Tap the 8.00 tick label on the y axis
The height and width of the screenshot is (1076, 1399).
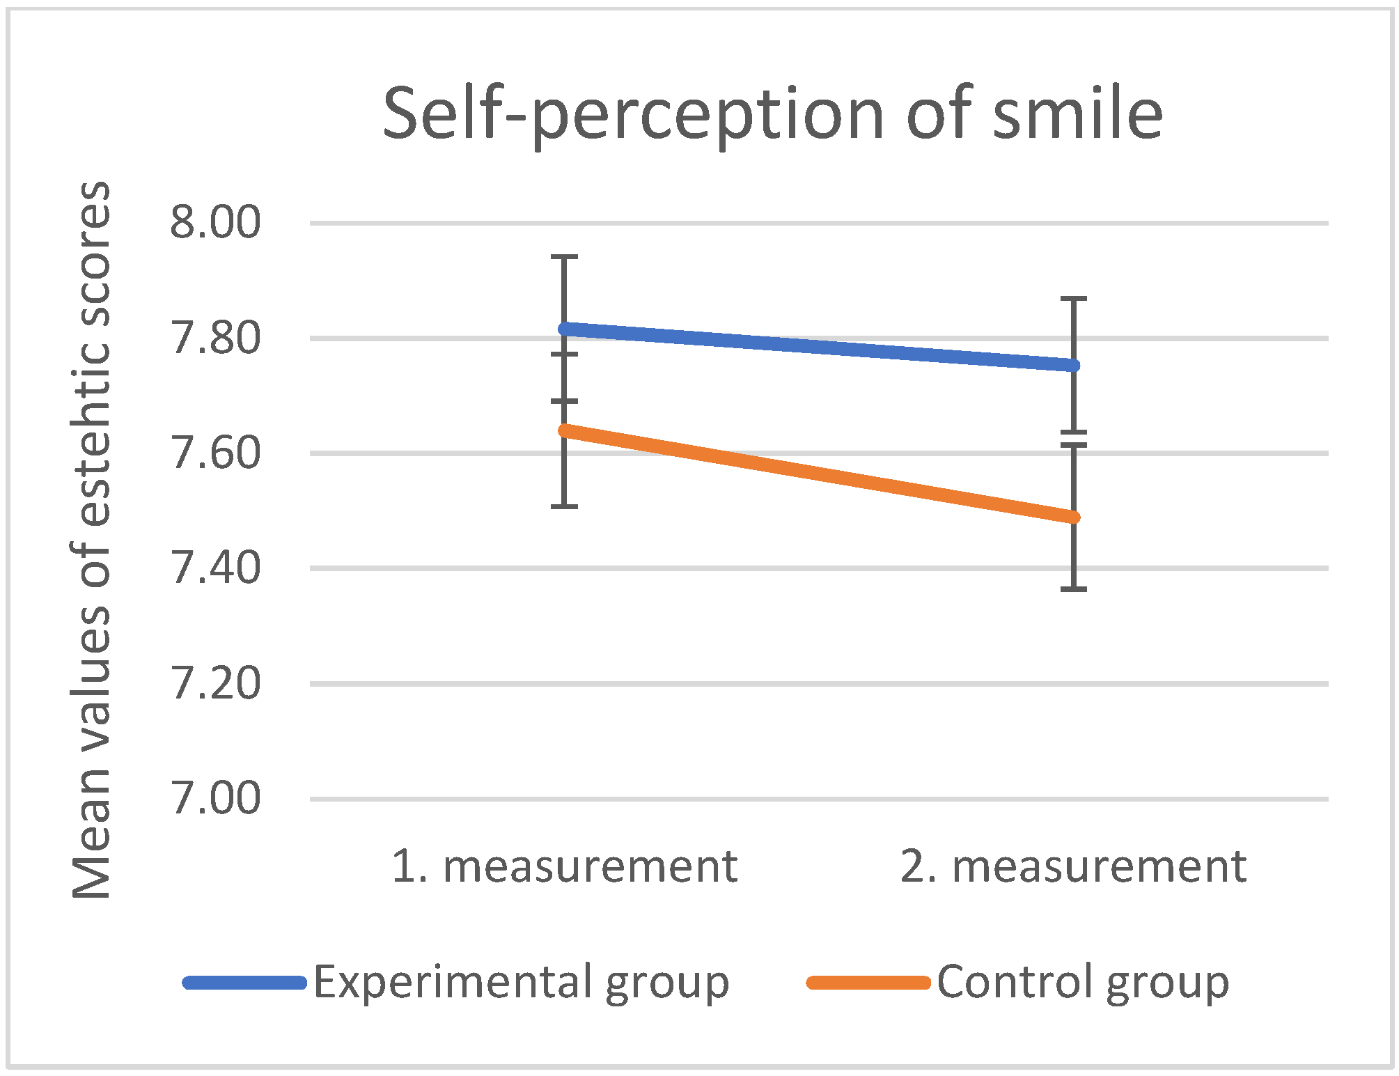point(215,223)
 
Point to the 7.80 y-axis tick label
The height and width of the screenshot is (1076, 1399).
point(215,338)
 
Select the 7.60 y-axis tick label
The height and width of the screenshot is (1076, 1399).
point(215,453)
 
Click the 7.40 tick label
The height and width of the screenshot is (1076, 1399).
point(215,568)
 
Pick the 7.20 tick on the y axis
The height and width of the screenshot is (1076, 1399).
point(215,684)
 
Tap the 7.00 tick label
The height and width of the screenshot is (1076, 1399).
point(215,799)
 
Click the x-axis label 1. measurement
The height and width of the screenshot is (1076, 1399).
point(564,867)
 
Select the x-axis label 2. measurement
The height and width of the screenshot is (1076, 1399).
point(1073,867)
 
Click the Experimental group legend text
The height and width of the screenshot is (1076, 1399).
point(521,983)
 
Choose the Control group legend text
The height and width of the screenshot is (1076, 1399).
point(1083,983)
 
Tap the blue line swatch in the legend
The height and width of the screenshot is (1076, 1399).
point(244,983)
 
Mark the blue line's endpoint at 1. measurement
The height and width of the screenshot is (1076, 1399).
point(565,328)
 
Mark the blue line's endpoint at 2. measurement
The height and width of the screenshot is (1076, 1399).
point(1074,366)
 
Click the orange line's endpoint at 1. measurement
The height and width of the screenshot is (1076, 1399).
point(565,430)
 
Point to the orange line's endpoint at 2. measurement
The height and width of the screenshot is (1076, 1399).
point(1074,517)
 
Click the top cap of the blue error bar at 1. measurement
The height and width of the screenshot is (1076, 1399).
point(565,257)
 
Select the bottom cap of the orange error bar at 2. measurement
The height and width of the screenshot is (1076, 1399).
point(1074,589)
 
